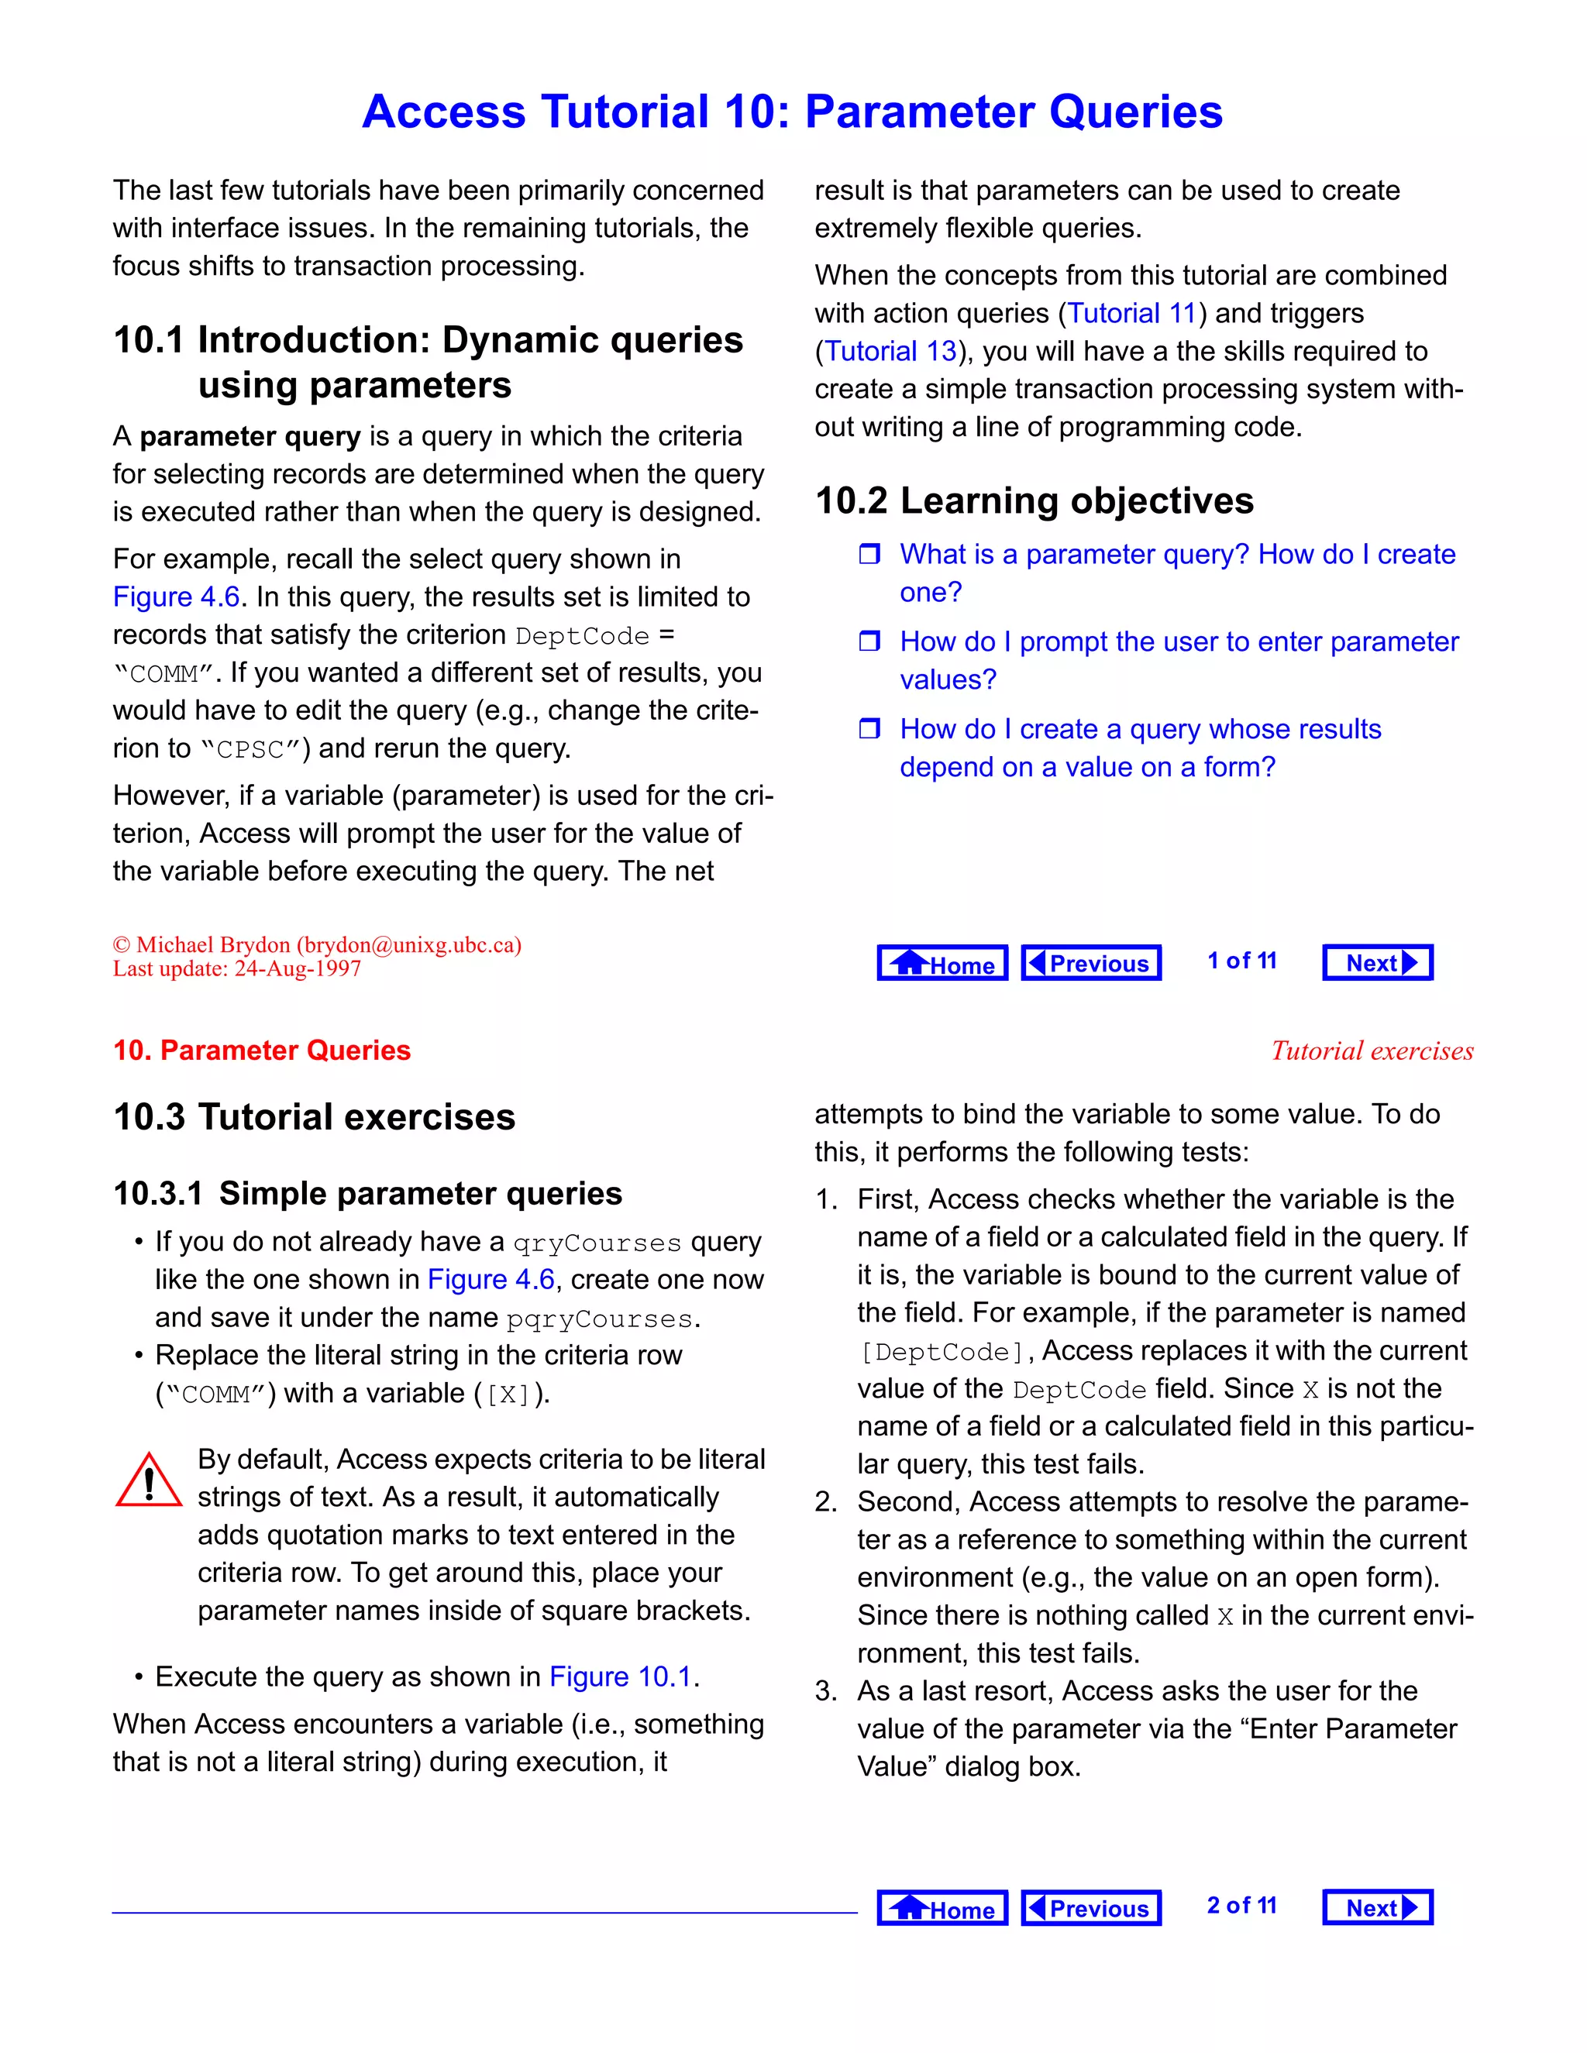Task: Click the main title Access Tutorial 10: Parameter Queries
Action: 792,112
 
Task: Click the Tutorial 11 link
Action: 1131,313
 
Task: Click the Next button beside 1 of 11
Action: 1377,962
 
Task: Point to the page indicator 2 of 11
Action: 1241,1906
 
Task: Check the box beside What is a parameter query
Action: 869,554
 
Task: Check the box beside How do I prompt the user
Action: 869,641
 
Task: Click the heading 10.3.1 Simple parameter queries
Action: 367,1194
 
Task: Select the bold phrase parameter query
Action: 250,436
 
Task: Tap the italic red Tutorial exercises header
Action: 1372,1051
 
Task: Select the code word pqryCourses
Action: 599,1319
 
